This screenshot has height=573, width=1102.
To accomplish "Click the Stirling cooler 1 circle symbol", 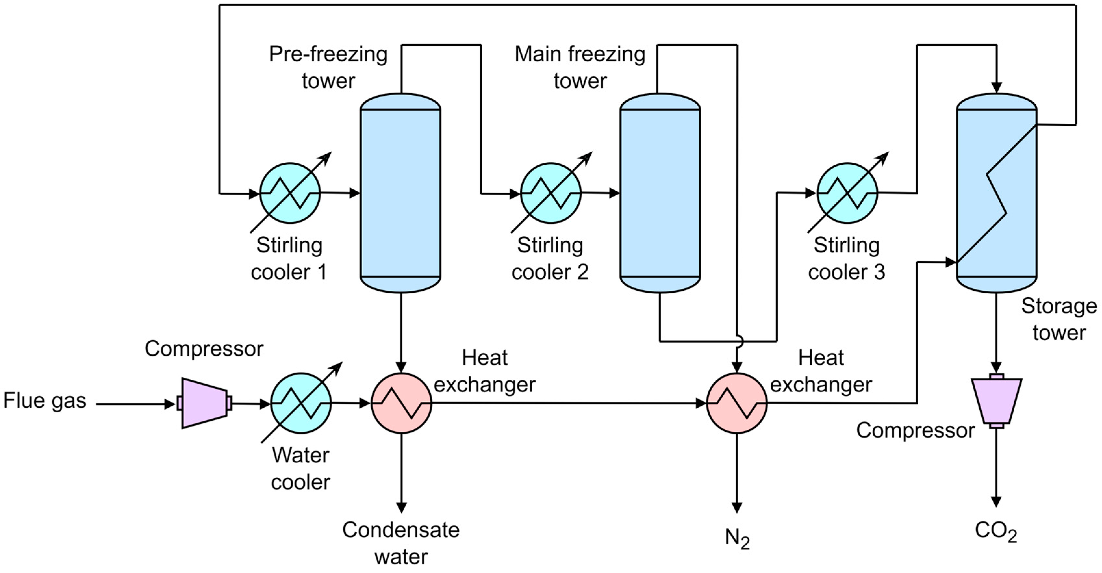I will click(290, 193).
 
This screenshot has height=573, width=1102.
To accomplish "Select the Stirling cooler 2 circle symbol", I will click(551, 193).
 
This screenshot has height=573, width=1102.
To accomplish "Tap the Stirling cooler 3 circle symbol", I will click(847, 193).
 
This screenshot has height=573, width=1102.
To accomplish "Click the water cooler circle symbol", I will click(301, 403).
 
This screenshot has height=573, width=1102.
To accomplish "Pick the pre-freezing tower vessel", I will click(400, 193).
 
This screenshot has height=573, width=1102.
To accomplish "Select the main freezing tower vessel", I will click(660, 193).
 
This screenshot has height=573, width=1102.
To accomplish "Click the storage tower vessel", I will click(996, 193).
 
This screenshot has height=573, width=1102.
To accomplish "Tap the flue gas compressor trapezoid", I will click(205, 403).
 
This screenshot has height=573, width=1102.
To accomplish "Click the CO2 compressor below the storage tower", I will click(996, 401).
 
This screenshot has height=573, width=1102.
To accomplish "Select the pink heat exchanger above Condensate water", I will click(401, 403).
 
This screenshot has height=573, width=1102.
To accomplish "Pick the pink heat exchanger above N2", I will click(737, 403).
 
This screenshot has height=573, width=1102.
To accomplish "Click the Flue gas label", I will click(45, 401).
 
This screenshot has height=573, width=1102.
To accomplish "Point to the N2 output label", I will click(737, 539).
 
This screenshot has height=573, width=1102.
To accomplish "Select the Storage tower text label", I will click(1059, 319).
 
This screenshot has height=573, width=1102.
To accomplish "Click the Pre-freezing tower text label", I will click(328, 67).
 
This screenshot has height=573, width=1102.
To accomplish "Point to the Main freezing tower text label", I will click(580, 67).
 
